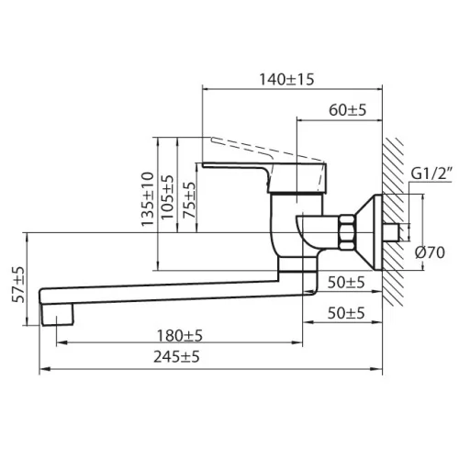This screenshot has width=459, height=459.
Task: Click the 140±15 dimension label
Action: pyautogui.click(x=286, y=80)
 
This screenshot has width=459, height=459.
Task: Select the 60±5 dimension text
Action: pyautogui.click(x=347, y=110)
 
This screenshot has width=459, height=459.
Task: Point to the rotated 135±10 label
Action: pyautogui.click(x=148, y=199)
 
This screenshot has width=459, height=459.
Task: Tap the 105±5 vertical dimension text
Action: pyautogui.click(x=168, y=196)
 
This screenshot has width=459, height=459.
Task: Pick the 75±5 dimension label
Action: pyautogui.click(x=189, y=200)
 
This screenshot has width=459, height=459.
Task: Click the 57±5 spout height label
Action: pyautogui.click(x=17, y=285)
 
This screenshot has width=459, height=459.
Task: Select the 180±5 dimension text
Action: pyautogui.click(x=180, y=336)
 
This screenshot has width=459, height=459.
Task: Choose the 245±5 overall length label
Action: pyautogui.click(x=176, y=357)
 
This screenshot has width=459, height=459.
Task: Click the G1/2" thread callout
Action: pyautogui.click(x=431, y=174)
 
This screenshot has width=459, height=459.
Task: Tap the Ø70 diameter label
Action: pyautogui.click(x=430, y=252)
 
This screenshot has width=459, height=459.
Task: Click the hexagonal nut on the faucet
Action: pyautogui.click(x=347, y=232)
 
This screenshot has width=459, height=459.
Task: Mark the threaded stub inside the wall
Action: pyautogui.click(x=391, y=232)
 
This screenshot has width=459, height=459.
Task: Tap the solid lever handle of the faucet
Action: pyautogui.click(x=264, y=177)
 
